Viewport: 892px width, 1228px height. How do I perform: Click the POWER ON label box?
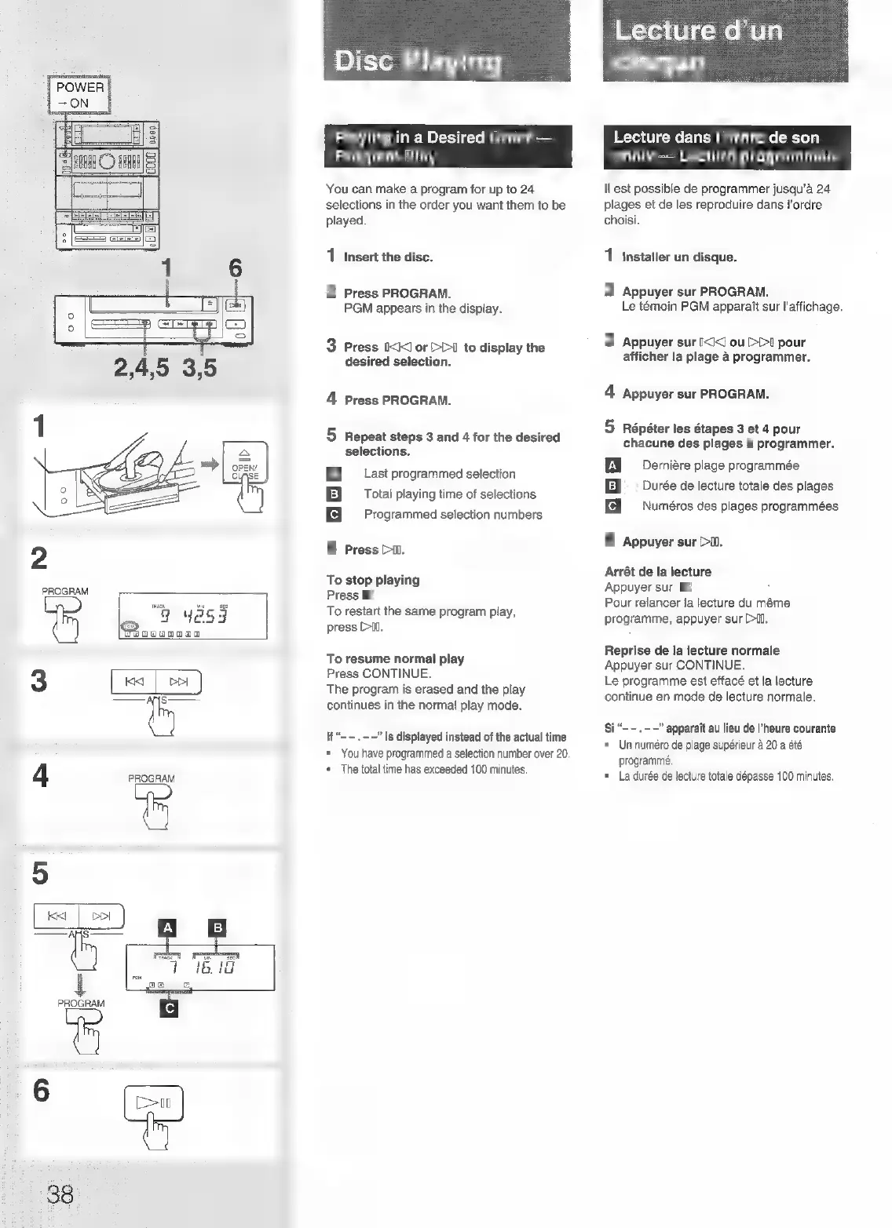click(79, 95)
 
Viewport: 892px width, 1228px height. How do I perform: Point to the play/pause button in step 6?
click(154, 1104)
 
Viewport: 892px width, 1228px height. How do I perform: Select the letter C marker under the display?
click(169, 1008)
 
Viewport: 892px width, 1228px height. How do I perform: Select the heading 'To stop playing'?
click(373, 580)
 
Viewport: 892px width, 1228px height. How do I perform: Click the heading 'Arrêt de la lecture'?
click(658, 571)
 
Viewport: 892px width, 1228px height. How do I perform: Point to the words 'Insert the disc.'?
click(389, 257)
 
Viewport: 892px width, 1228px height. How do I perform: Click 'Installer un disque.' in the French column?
click(679, 257)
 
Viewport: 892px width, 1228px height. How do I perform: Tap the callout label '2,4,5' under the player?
click(141, 367)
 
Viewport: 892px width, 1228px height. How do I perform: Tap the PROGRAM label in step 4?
click(152, 778)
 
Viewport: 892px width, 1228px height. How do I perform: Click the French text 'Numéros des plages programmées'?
click(740, 506)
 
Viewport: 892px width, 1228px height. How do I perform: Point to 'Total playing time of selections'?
click(450, 494)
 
